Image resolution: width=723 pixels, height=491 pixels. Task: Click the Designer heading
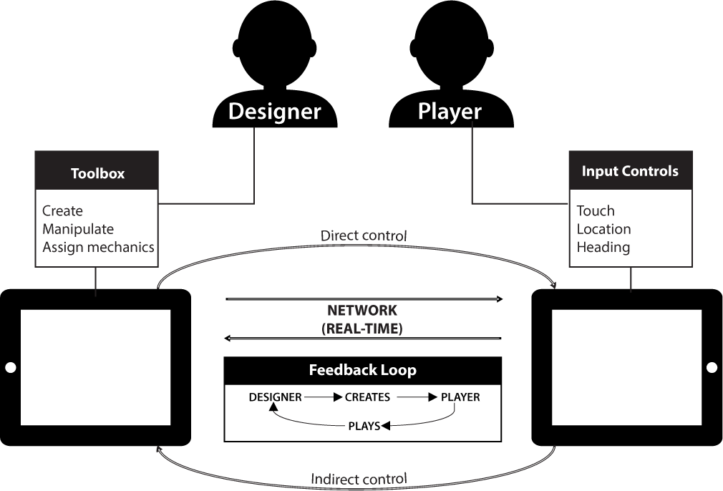point(274,112)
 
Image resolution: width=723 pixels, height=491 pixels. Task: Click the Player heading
point(450,112)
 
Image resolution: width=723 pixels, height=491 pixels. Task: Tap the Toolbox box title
point(97,173)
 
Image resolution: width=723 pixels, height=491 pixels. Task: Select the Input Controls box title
point(630,171)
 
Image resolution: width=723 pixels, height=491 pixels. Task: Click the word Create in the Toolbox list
point(62,211)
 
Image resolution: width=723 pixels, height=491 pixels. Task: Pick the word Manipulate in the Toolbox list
point(78,229)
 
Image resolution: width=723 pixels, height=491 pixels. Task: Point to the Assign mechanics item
point(98,247)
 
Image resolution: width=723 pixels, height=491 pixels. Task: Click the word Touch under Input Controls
point(596,211)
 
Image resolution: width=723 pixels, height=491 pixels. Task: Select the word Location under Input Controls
point(603,229)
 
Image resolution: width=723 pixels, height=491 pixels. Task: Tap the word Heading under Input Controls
point(603,247)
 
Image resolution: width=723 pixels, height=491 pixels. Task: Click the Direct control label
point(364,235)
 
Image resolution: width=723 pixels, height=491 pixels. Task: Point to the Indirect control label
point(359,479)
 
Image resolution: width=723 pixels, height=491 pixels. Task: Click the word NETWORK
point(362,311)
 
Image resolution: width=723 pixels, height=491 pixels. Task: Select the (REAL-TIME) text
point(362,329)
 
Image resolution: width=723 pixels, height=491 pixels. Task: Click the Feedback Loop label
point(362,370)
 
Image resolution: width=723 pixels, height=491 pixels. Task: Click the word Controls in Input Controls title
point(651,171)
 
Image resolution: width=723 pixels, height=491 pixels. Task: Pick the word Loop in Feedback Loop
point(399,370)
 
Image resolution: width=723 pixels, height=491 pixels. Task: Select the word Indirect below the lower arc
point(335,479)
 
